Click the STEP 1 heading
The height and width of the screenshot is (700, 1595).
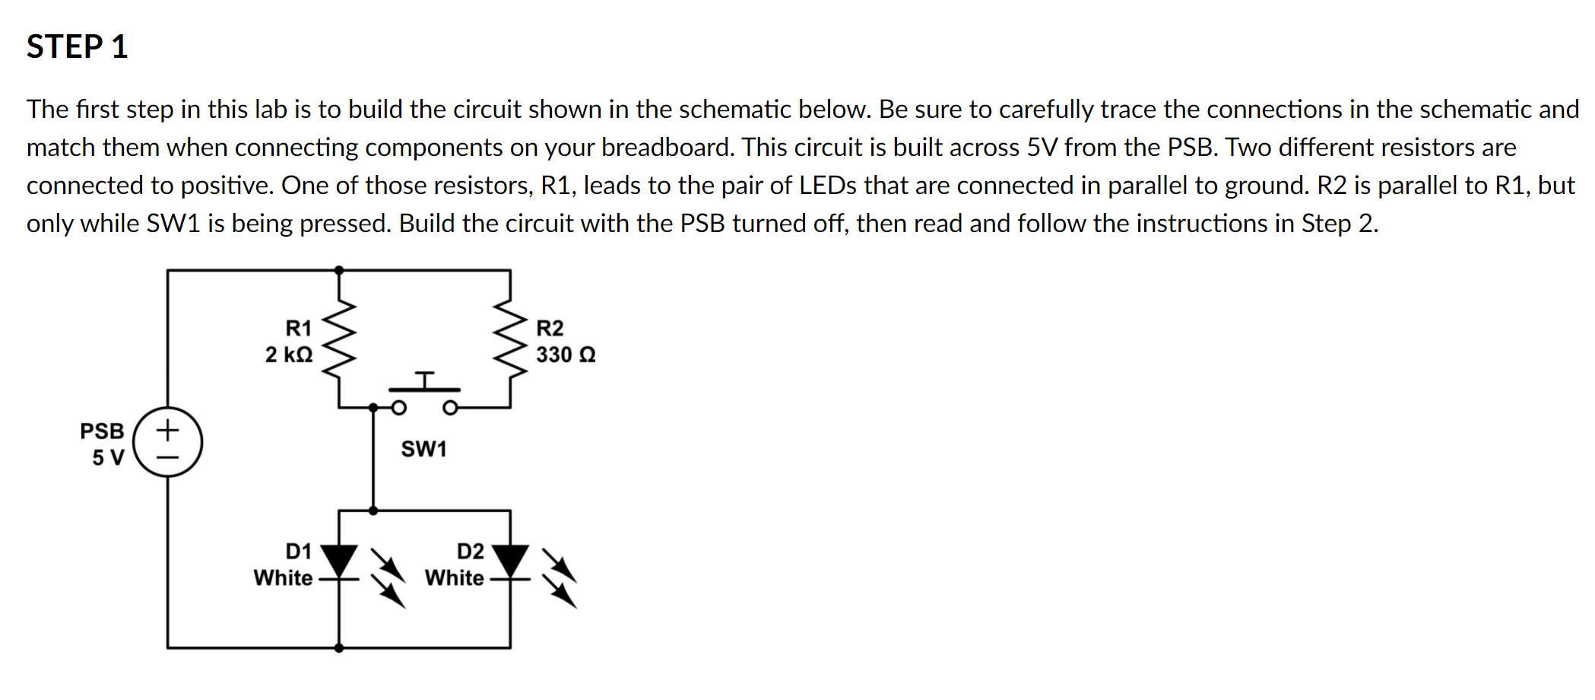coord(77,47)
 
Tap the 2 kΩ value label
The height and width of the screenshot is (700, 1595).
coord(289,355)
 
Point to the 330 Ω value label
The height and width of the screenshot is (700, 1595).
coord(566,355)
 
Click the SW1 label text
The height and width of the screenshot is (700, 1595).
coord(423,449)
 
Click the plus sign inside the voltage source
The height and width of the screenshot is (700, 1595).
coord(168,430)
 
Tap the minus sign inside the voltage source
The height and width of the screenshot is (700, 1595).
coord(168,457)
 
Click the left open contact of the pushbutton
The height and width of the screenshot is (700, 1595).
coord(398,408)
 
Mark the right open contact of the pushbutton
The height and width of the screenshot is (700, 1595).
coord(450,408)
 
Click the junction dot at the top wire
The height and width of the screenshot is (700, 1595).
coord(339,270)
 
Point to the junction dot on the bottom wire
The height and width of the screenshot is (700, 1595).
coord(339,648)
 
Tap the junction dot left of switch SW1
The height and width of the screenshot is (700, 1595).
coord(373,408)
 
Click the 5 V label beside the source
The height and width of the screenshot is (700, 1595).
coord(108,457)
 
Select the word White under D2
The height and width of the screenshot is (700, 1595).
coord(454,578)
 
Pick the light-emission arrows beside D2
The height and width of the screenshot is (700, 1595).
coord(560,578)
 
